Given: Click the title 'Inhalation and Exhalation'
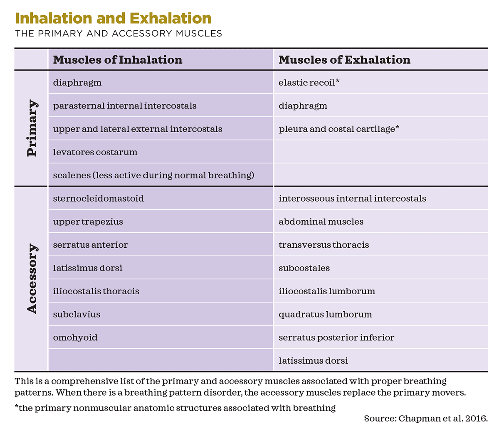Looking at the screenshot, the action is click(x=113, y=18).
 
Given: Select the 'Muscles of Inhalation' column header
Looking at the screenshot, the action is click(x=118, y=60).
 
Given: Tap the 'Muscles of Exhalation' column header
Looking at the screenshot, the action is click(x=344, y=60).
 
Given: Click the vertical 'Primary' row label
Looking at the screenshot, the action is click(x=32, y=128).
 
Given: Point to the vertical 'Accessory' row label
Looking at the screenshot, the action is click(x=32, y=278).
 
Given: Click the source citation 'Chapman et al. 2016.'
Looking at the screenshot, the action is click(x=443, y=419).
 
